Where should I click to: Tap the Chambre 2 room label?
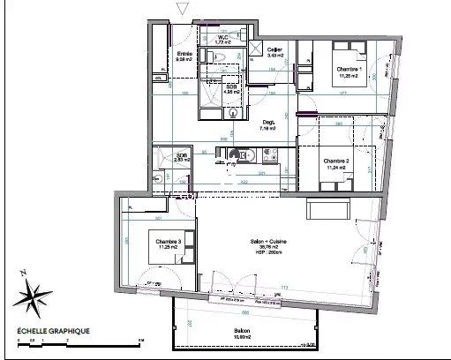[335, 161]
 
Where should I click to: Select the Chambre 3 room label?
[169, 241]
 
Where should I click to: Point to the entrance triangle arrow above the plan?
[183, 10]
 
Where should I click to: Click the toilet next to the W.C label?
[223, 56]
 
